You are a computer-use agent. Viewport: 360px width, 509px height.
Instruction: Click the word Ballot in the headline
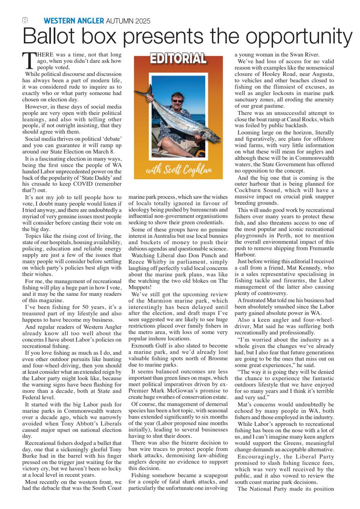point(47,37)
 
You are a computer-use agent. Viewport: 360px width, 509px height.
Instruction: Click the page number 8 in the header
point(25,21)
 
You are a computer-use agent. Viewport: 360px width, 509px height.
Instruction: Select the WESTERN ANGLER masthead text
point(74,21)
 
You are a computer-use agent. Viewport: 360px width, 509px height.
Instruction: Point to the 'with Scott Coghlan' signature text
point(179,171)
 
